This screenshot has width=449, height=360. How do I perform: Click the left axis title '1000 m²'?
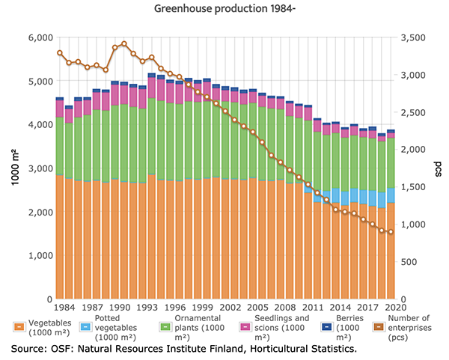tap(13, 167)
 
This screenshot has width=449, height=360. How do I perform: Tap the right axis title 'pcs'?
tap(436, 167)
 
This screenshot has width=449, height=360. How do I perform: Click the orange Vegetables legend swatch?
tap(19, 326)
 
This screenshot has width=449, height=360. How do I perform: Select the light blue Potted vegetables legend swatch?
tap(88, 326)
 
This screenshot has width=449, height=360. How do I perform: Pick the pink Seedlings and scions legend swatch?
tap(243, 326)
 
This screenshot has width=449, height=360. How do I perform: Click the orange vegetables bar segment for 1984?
tap(60, 236)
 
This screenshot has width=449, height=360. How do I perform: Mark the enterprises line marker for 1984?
tap(60, 52)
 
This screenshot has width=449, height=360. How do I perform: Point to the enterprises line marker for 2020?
tap(390, 232)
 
